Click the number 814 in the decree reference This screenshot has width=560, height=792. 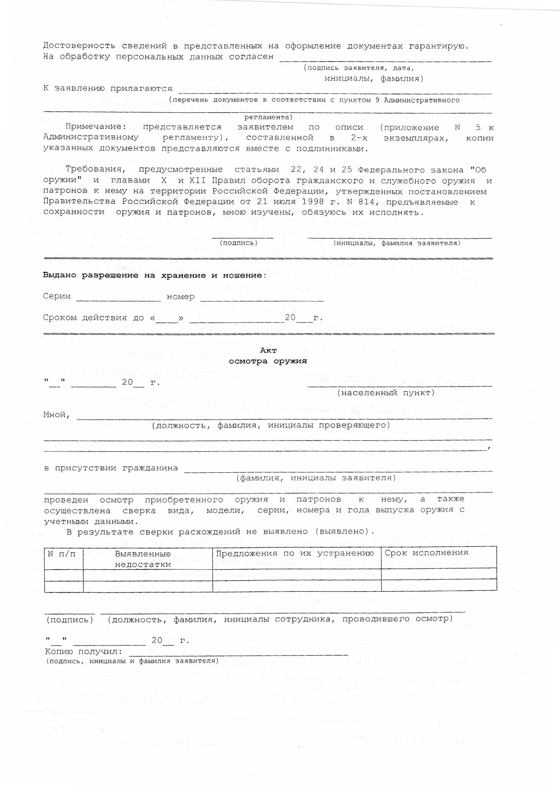366,202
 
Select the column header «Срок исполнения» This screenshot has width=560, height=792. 426,553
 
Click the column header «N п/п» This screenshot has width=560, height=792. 61,554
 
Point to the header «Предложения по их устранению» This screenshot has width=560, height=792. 295,553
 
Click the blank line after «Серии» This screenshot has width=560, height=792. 118,300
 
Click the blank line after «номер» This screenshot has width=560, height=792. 262,300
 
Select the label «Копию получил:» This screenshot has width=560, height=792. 84,652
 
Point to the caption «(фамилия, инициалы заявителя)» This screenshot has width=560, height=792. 316,478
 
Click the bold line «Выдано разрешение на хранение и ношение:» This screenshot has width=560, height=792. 154,275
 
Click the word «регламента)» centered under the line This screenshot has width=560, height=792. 268,117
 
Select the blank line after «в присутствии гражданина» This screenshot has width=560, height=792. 338,470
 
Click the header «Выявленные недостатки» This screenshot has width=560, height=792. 143,559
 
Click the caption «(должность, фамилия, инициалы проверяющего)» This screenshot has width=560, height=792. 271,425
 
